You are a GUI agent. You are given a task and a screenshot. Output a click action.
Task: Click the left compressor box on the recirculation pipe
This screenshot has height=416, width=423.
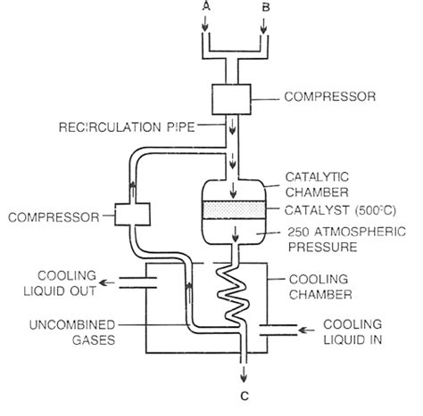[129, 215]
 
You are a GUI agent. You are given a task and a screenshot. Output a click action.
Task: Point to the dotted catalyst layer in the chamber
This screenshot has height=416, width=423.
[233, 209]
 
